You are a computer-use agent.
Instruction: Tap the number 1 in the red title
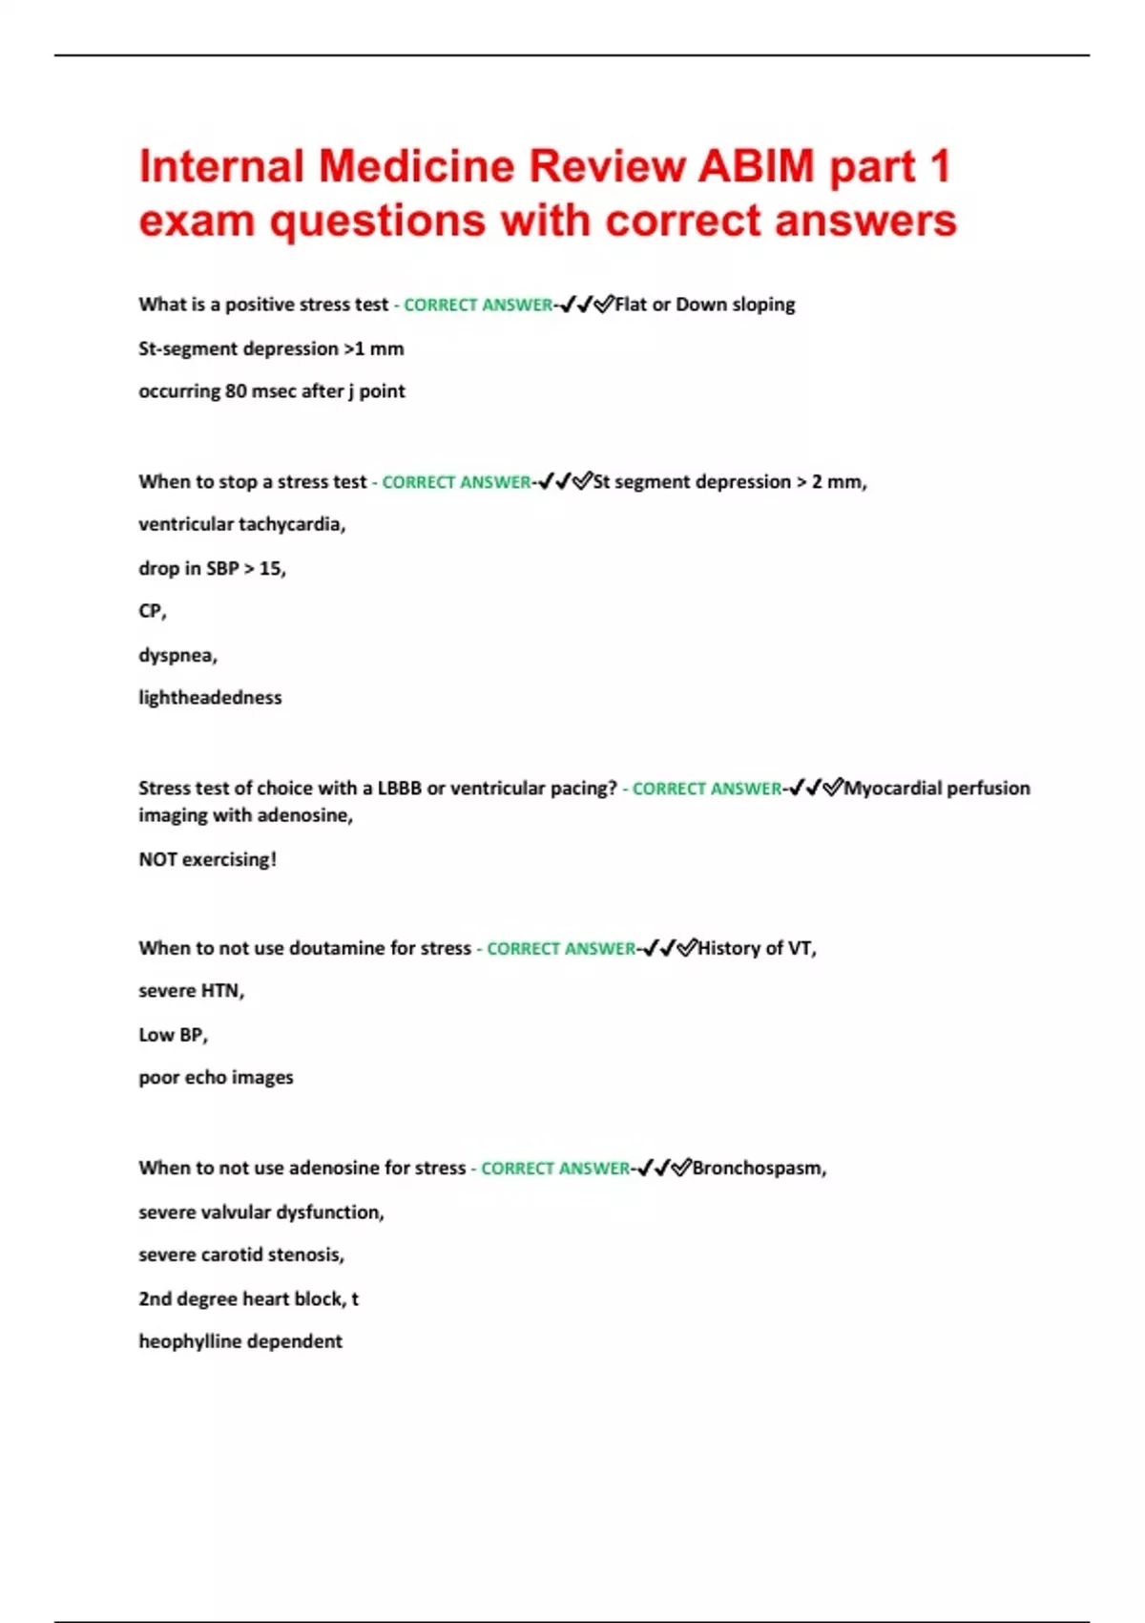point(939,166)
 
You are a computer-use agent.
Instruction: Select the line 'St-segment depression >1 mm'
point(271,348)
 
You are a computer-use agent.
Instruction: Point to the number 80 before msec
point(236,390)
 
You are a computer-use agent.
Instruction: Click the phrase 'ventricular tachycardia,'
point(241,524)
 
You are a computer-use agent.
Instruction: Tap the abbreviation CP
point(151,611)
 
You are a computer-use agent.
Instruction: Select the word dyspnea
point(177,656)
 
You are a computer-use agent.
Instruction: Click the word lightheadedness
point(210,698)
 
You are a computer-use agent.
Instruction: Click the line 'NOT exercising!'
point(207,859)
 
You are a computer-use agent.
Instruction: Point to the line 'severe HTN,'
point(191,991)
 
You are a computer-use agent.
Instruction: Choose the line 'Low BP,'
point(173,1035)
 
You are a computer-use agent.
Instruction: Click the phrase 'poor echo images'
point(216,1077)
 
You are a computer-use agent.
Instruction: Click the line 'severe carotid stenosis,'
point(241,1254)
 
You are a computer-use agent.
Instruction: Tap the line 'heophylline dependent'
point(240,1341)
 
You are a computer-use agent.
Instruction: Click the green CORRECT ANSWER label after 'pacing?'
point(706,789)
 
